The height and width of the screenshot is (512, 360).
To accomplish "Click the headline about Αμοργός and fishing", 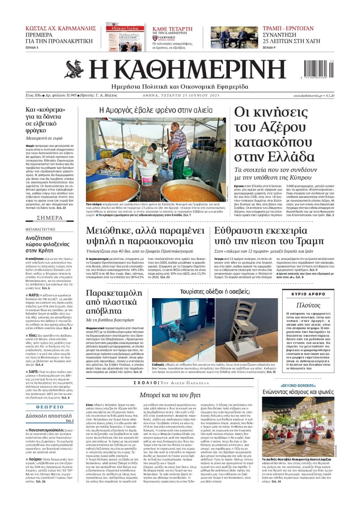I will point(156,110).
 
